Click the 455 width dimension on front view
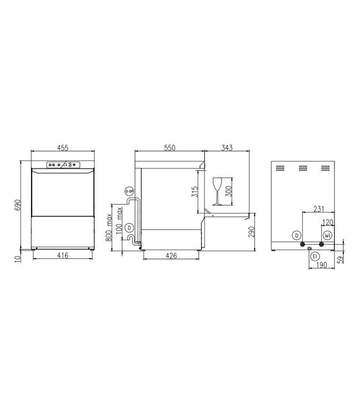coord(63,148)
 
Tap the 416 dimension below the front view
coord(63,256)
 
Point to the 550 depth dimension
coord(170,148)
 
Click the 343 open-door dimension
coord(226,148)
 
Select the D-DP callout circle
coord(130,191)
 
